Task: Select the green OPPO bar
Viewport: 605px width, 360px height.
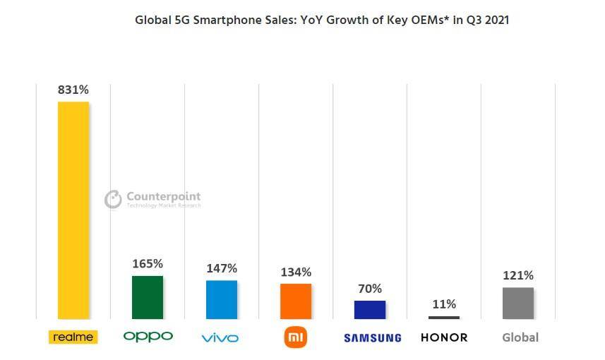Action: point(148,297)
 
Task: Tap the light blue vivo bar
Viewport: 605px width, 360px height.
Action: point(222,299)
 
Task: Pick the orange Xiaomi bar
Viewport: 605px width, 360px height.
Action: point(296,301)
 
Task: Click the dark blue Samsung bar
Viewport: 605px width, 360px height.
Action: point(370,310)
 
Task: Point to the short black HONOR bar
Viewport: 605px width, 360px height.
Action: point(444,318)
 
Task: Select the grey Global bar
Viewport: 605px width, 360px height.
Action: point(518,303)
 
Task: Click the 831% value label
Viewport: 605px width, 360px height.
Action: point(73,90)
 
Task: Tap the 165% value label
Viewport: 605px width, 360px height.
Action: point(148,264)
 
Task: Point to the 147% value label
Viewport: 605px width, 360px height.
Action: point(222,268)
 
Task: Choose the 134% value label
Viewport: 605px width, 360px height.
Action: point(296,272)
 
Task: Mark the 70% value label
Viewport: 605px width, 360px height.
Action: point(370,289)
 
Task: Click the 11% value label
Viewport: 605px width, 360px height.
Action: point(444,304)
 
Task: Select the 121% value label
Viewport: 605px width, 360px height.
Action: point(518,275)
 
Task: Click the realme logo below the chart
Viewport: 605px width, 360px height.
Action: point(73,337)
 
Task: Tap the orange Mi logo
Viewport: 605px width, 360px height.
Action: point(296,337)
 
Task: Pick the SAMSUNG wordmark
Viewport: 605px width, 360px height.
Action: point(372,338)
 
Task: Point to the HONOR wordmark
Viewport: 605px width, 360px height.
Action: point(444,337)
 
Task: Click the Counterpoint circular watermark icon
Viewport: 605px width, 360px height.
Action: point(113,200)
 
